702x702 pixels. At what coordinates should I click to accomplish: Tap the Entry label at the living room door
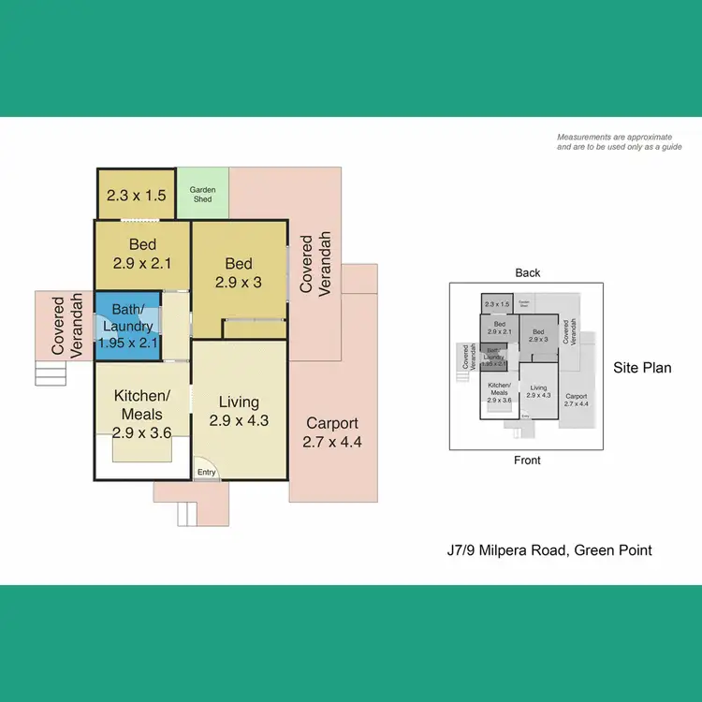[206, 472]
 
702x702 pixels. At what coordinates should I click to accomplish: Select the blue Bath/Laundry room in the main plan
[128, 325]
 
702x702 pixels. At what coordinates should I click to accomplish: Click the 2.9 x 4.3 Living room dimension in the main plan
[239, 421]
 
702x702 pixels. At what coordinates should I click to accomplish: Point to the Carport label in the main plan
[332, 423]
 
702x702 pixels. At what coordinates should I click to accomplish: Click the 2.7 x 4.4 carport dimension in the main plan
[332, 443]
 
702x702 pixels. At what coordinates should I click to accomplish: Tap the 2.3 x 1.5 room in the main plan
[136, 197]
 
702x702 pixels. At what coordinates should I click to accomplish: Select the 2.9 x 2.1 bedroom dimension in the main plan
[142, 263]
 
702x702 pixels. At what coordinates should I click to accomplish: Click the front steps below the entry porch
[188, 514]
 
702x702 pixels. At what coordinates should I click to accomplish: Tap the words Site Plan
[642, 368]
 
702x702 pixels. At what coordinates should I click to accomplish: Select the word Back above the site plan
[528, 273]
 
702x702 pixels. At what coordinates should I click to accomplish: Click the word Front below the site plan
[528, 461]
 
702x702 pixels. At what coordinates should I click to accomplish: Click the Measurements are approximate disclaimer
[619, 142]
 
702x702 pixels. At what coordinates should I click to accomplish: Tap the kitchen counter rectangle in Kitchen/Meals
[142, 450]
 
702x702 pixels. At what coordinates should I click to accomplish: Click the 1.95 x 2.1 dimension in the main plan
[129, 344]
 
